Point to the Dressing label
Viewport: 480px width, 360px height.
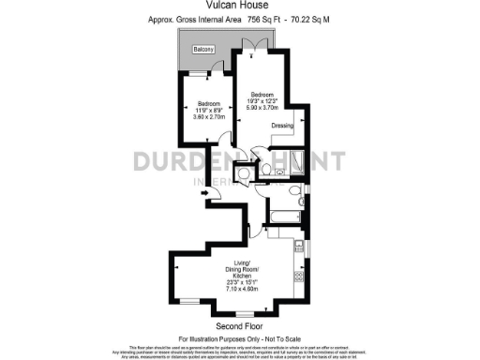tap(283, 125)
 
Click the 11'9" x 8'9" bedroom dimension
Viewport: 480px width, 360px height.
tap(208, 111)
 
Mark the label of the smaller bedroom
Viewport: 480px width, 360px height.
tap(208, 103)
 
